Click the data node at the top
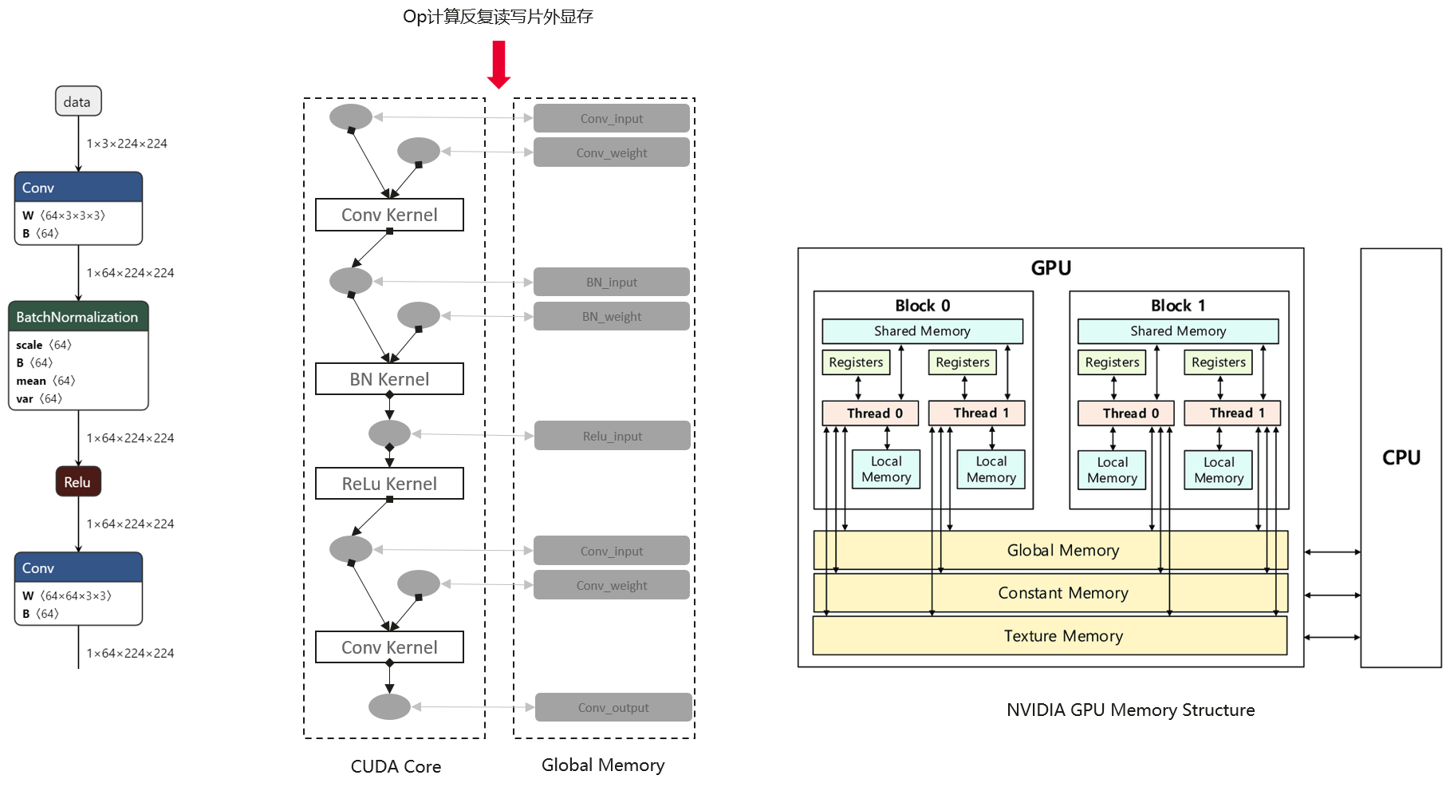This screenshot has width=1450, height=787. point(77,101)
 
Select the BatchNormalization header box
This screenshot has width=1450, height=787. point(77,317)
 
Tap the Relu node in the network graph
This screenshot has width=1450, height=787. point(77,482)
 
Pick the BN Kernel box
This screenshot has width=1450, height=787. point(389,379)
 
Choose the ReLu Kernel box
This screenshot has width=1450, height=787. point(389,484)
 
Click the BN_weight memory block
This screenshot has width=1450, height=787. point(611,316)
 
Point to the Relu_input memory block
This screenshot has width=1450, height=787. point(612,436)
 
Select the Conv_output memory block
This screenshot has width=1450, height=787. point(613,707)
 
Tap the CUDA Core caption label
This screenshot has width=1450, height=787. point(396,766)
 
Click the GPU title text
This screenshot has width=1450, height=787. point(1050,268)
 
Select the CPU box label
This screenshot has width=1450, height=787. point(1401,457)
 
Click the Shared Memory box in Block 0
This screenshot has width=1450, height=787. point(922,331)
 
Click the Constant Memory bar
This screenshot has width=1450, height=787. point(1062,593)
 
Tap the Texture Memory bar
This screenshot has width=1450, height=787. point(1062,636)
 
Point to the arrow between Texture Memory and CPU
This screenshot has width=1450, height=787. point(1332,637)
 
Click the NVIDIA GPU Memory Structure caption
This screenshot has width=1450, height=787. point(1130,710)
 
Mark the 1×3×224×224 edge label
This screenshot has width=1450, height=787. point(127,144)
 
